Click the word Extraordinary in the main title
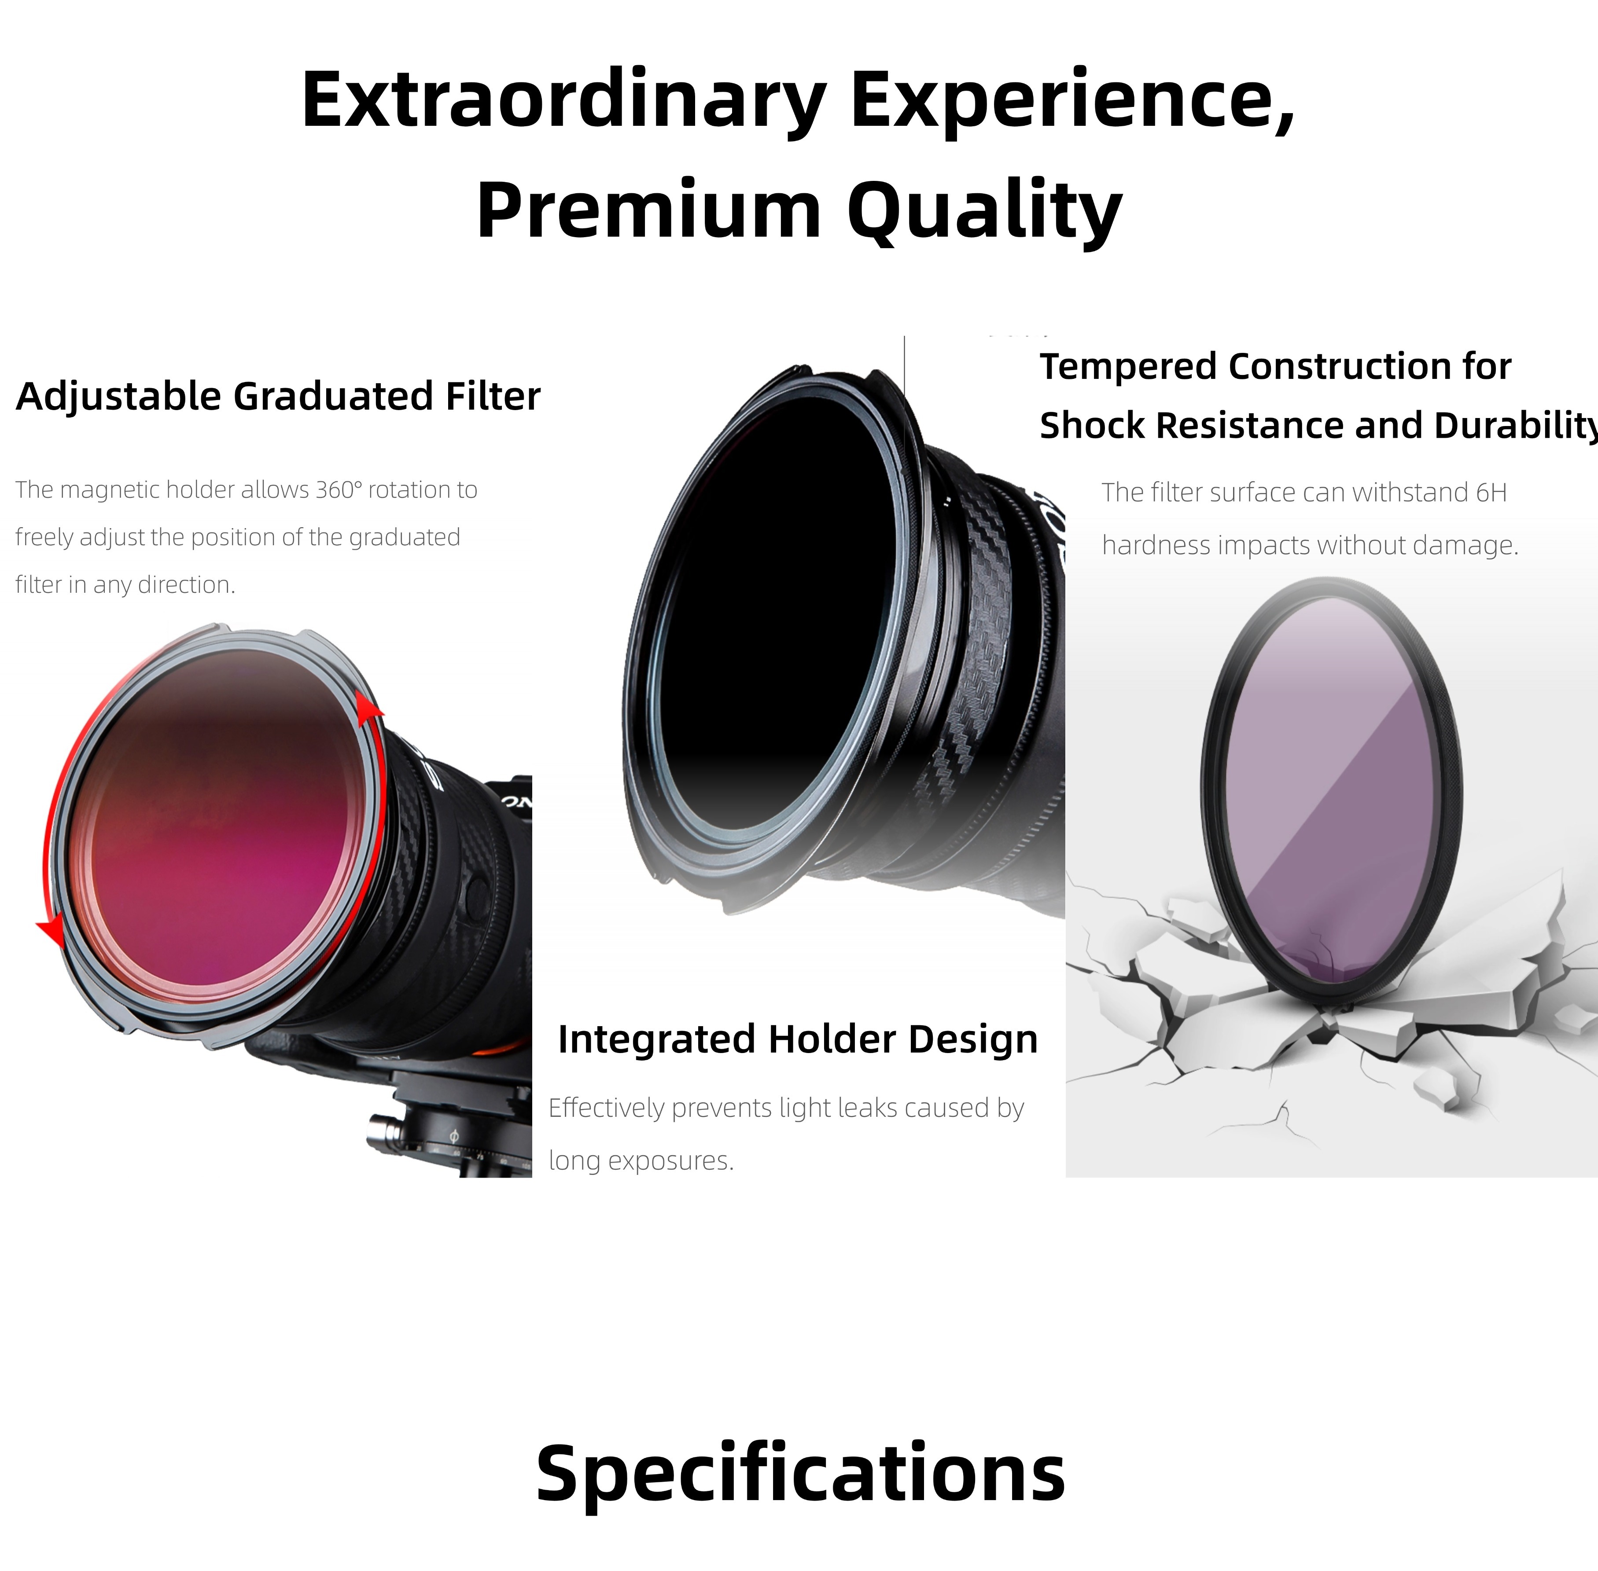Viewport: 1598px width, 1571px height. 564,101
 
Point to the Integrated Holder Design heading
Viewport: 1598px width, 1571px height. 797,1039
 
